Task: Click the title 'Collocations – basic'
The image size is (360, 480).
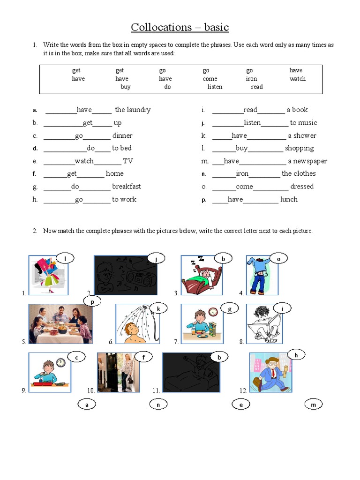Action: click(180, 27)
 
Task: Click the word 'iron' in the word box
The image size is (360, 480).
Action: click(251, 79)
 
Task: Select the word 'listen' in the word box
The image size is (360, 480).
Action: click(215, 87)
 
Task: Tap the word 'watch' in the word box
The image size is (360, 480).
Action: click(297, 79)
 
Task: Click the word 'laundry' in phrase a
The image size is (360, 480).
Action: click(139, 110)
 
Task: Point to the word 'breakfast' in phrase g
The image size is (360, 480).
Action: click(127, 187)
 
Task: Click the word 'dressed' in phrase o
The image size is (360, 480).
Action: click(302, 187)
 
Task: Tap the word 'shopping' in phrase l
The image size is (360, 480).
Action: click(300, 148)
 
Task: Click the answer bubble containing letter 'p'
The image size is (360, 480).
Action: click(92, 302)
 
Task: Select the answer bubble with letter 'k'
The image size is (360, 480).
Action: click(158, 308)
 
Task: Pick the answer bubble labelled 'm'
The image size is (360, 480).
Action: click(314, 405)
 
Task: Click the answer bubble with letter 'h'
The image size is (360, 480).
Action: click(296, 355)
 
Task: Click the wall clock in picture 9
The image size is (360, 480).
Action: click(60, 362)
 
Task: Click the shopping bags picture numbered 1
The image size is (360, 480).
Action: click(48, 275)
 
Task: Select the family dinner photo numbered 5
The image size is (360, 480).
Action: click(60, 324)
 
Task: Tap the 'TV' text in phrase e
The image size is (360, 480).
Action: click(128, 161)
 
